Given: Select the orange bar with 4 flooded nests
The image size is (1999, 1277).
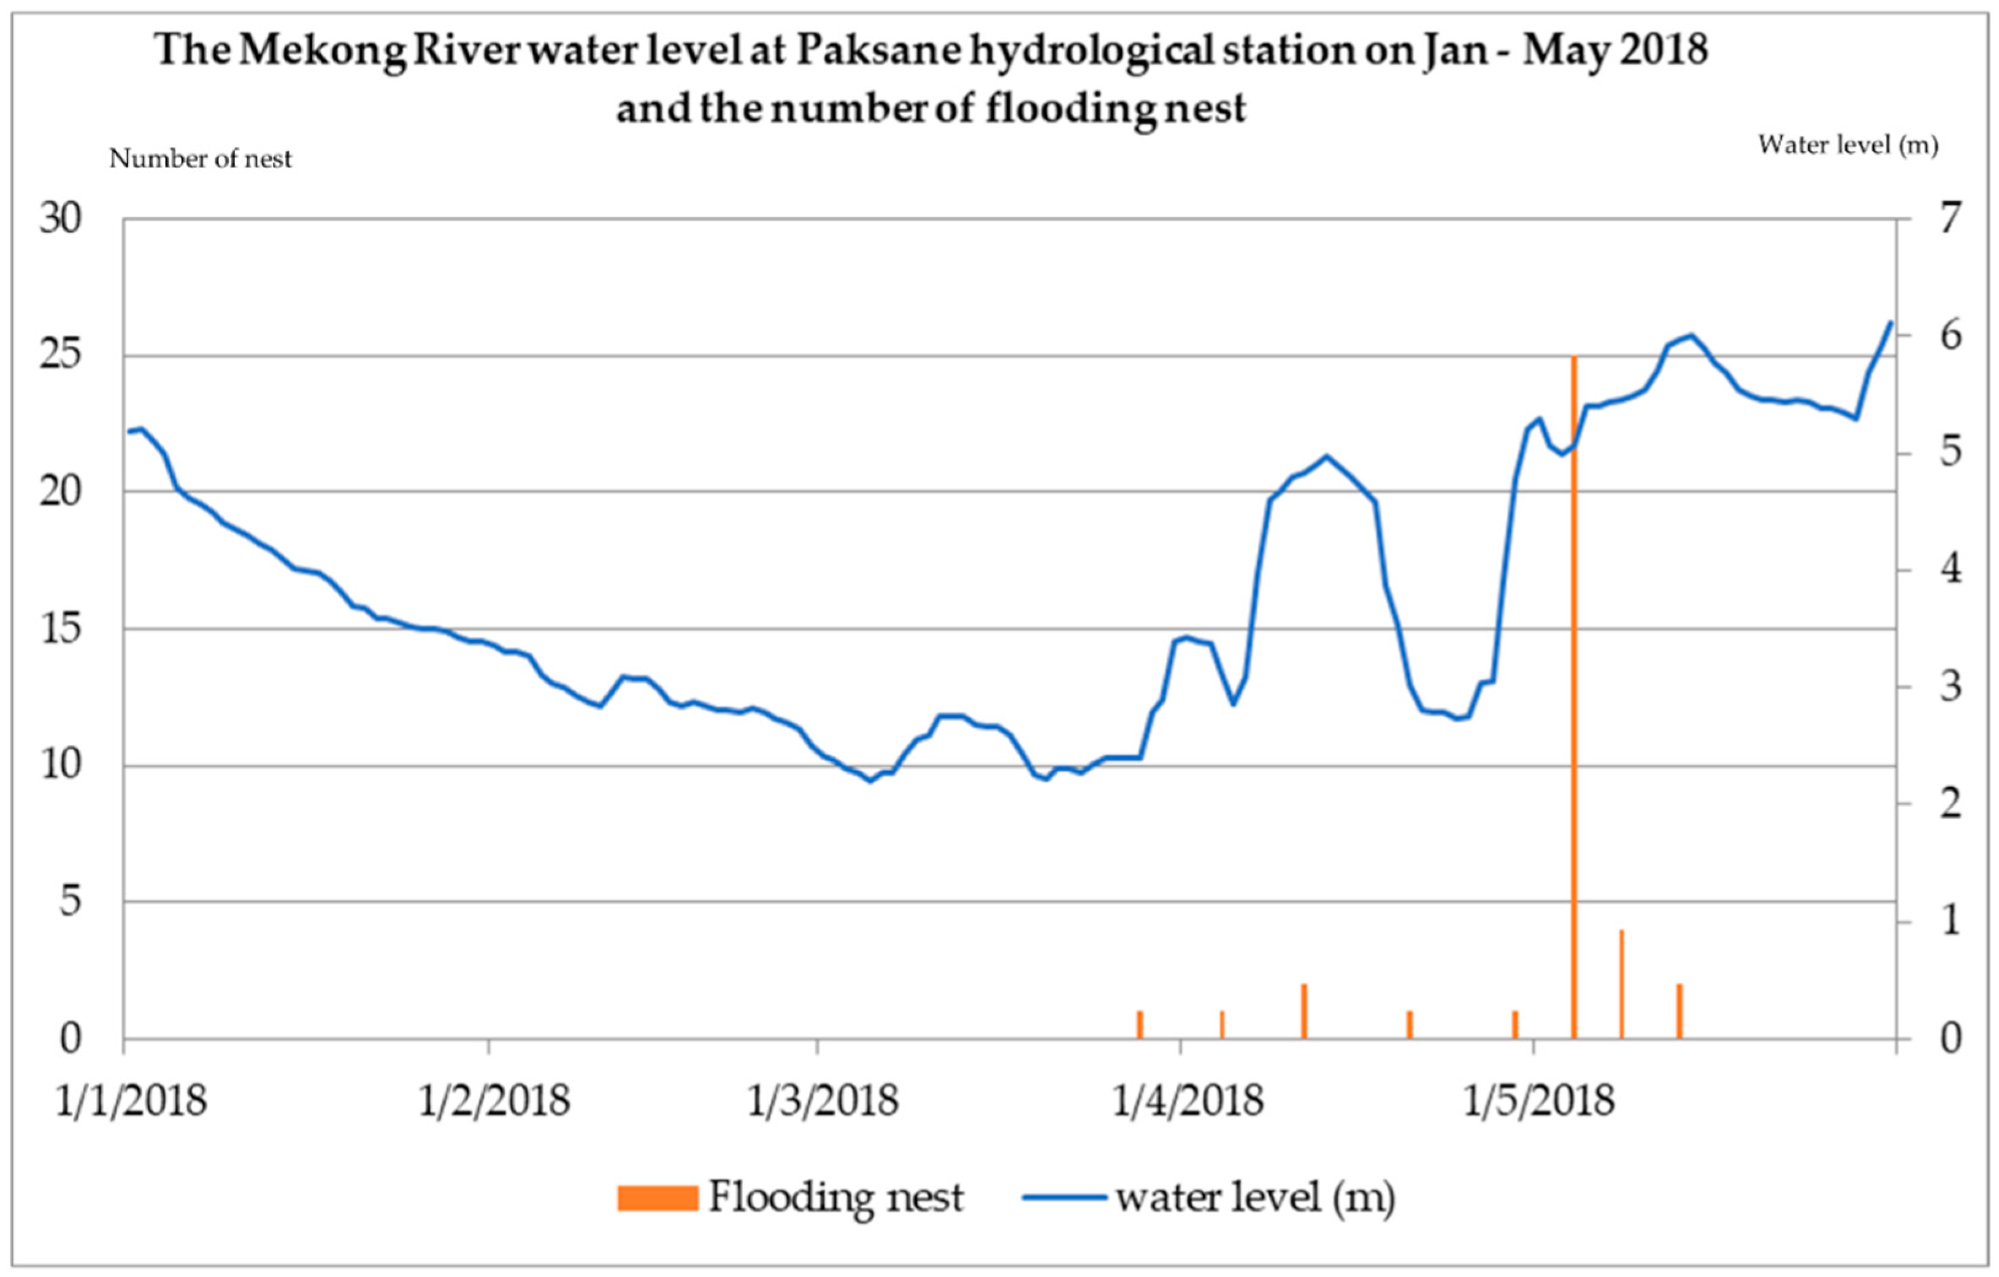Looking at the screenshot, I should [1621, 983].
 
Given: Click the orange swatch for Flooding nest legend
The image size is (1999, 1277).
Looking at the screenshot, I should [657, 1198].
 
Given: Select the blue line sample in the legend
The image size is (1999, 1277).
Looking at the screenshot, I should [1065, 1198].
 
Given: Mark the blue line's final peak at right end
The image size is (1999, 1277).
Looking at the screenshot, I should [1890, 323].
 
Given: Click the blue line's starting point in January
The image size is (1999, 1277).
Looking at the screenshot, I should [129, 432].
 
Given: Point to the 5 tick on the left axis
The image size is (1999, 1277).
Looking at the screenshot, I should [71, 902].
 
